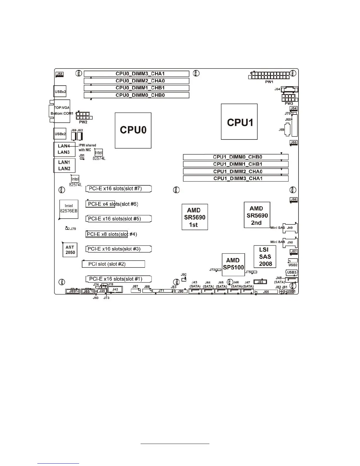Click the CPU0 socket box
pyautogui.click(x=133, y=130)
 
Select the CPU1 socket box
pyautogui.click(x=239, y=122)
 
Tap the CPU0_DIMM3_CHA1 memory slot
pyautogui.click(x=136, y=74)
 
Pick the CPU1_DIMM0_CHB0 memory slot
pyautogui.click(x=236, y=157)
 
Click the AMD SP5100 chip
pyautogui.click(x=233, y=264)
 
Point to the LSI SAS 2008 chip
pyautogui.click(x=265, y=257)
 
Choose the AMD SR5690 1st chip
pyautogui.click(x=195, y=217)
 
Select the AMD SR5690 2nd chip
pyautogui.click(x=257, y=215)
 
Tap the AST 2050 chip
pyautogui.click(x=70, y=250)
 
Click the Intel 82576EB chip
pyautogui.click(x=69, y=209)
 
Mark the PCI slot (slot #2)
pyautogui.click(x=113, y=264)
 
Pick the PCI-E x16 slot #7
pyautogui.click(x=119, y=189)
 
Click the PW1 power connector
pyautogui.click(x=269, y=75)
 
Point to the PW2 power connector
pyautogui.click(x=84, y=115)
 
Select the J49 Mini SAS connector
pyautogui.click(x=290, y=228)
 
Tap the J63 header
pyautogui.click(x=260, y=282)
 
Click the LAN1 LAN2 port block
pyautogui.click(x=64, y=165)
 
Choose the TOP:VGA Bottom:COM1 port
pyautogui.click(x=62, y=111)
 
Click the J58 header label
pyautogui.click(x=59, y=74)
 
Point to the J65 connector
pyautogui.click(x=266, y=292)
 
